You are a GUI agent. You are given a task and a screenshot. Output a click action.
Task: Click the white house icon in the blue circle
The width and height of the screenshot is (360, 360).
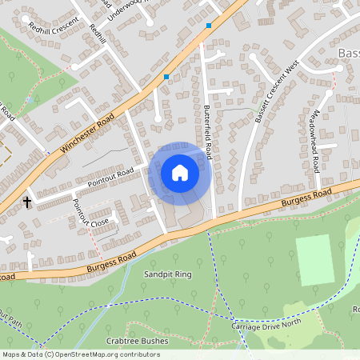pos(180,172)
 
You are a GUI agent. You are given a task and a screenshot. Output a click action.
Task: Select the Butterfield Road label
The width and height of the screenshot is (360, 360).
pos(206,132)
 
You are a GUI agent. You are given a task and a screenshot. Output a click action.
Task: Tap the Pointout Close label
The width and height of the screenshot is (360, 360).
pos(89,212)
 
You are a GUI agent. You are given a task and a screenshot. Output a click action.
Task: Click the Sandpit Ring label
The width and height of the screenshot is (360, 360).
pos(168,274)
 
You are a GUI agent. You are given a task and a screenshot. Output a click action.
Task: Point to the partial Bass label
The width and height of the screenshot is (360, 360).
pos(349,54)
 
